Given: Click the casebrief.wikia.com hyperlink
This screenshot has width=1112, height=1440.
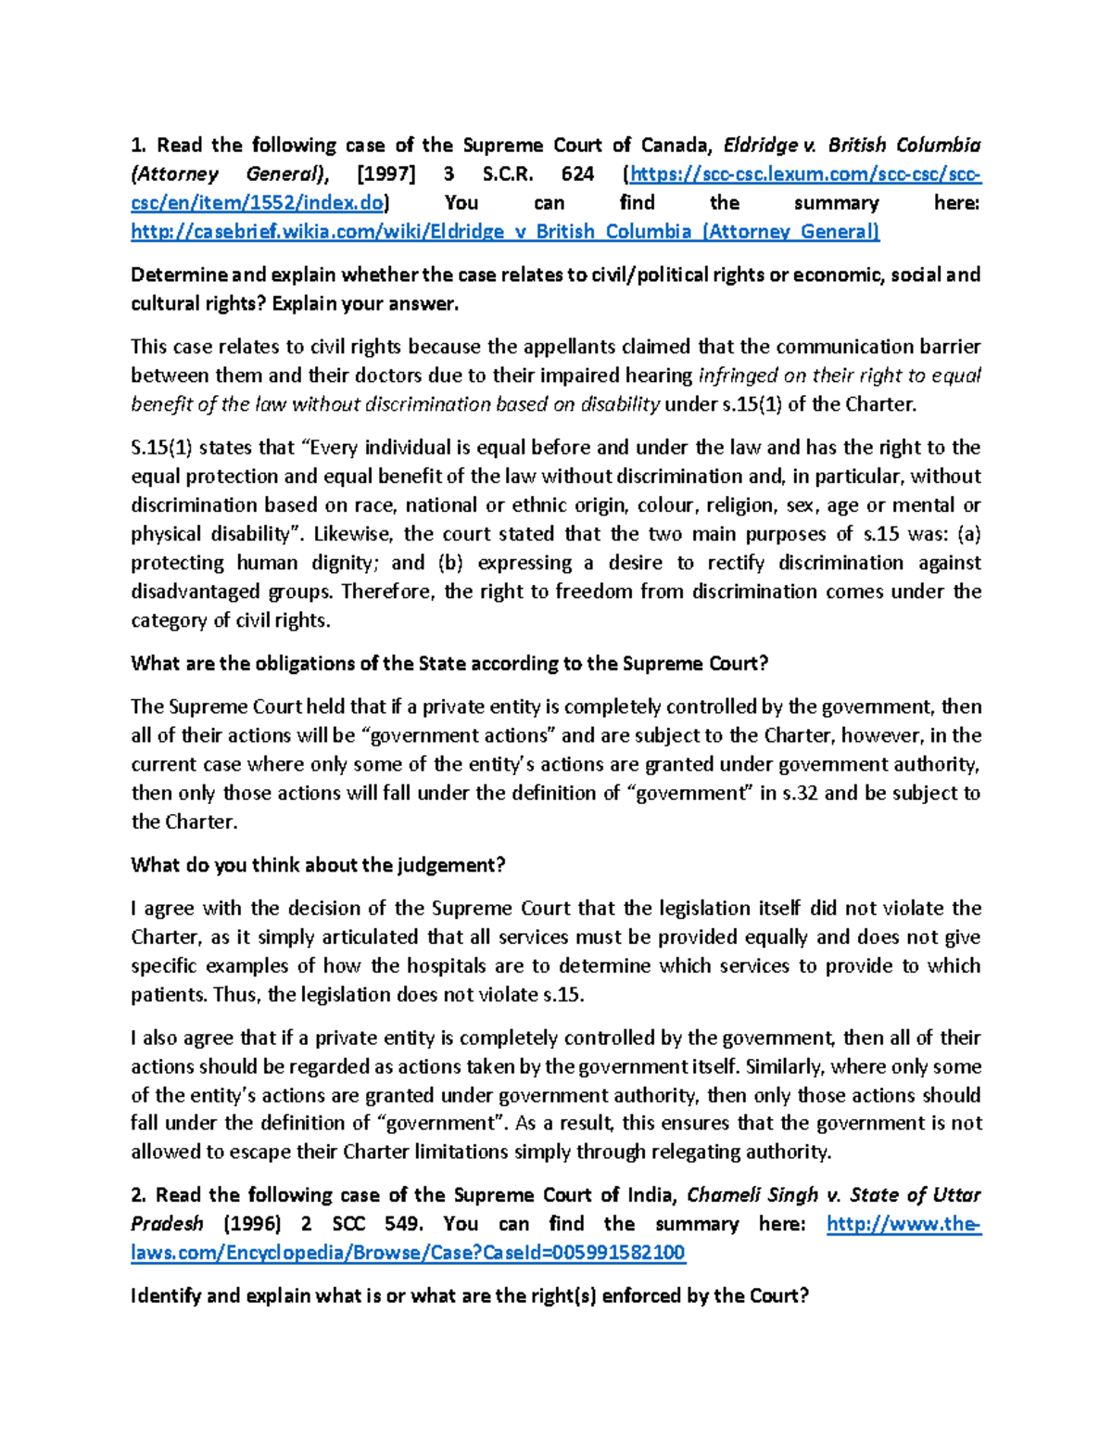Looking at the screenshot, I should coord(505,232).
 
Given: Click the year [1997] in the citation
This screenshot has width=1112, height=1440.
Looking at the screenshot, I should coord(386,174).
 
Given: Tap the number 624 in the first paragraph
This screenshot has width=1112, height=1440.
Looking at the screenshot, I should coord(577,174).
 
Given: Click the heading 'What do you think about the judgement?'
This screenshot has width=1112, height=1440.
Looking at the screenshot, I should coord(318,865).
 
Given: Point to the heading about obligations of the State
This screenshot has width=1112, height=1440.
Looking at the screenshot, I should coord(449,664).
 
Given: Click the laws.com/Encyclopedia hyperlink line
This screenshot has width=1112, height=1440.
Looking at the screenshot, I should coord(408,1253).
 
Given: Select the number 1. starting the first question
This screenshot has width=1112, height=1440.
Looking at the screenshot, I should coord(138,146).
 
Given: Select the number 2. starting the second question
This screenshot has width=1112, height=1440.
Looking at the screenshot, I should coord(138,1195).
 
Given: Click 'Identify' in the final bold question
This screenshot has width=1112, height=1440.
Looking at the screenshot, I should coord(165,1296).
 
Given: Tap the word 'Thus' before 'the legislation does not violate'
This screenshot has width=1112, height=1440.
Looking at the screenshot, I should coord(235,995).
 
